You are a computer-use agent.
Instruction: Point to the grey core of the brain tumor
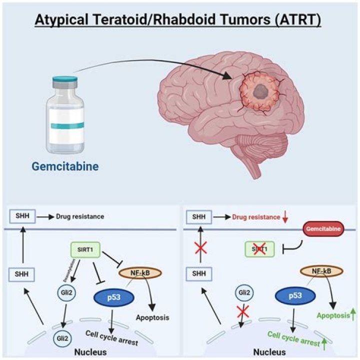click(x=259, y=90)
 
